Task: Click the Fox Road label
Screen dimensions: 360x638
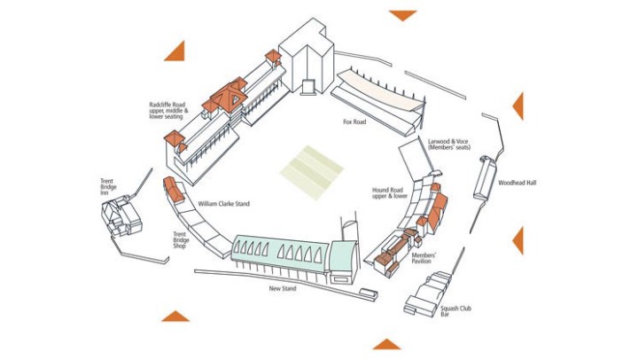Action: [x=354, y=121]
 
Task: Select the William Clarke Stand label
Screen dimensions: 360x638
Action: [x=223, y=204]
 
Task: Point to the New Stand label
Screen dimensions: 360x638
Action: [x=283, y=288]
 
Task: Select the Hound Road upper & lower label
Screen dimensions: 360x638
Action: [x=390, y=193]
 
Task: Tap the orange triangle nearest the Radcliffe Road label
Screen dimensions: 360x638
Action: [x=174, y=51]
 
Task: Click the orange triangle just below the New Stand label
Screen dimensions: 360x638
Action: [x=175, y=316]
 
